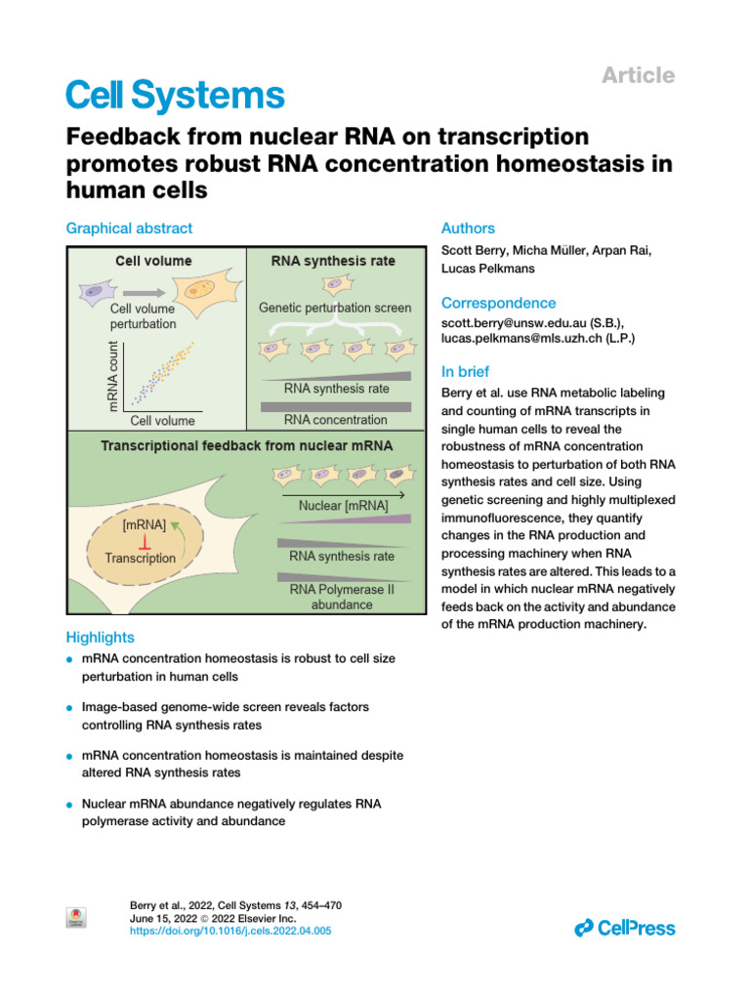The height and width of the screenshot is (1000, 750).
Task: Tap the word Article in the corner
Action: click(x=638, y=75)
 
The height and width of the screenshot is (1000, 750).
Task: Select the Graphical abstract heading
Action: click(x=129, y=229)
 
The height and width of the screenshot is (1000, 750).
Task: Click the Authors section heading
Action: click(x=469, y=229)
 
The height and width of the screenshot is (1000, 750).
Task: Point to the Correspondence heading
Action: click(x=499, y=303)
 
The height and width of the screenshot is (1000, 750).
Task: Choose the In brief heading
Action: click(x=466, y=371)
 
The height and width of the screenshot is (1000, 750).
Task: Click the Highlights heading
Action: click(x=100, y=637)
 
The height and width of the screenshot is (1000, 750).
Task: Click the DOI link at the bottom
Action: click(x=230, y=932)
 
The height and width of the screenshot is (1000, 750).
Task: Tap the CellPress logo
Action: click(x=625, y=928)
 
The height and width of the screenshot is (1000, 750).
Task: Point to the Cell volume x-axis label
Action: click(x=162, y=421)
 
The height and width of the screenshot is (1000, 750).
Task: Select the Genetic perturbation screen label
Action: click(x=335, y=307)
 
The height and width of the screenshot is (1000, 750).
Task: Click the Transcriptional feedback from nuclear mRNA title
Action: click(x=247, y=445)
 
